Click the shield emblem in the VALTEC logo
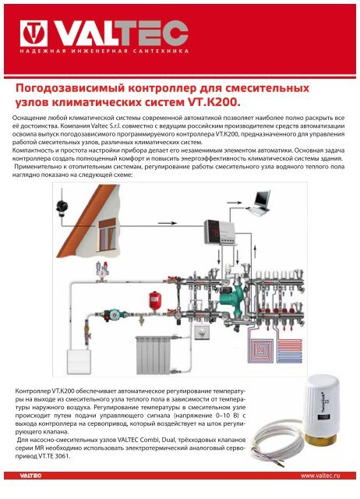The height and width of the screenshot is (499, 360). tap(30, 33)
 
